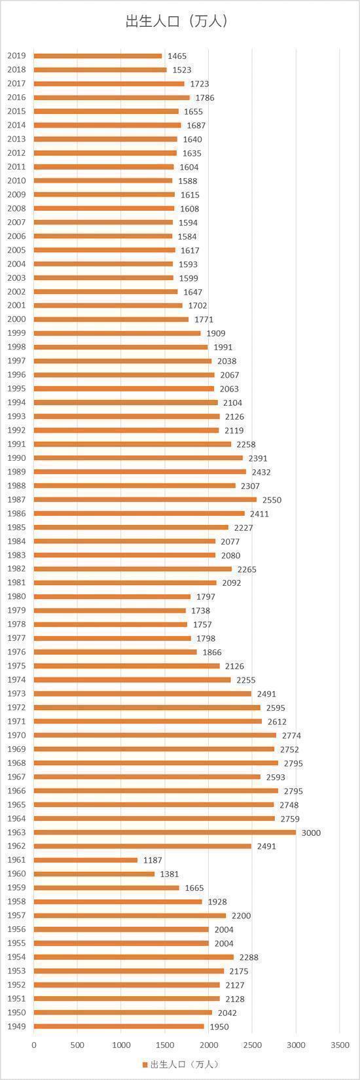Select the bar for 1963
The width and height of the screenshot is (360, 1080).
pos(165,832)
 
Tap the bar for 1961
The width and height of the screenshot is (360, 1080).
pos(86,860)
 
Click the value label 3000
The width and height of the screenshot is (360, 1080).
pos(311,833)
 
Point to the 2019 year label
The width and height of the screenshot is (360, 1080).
pos(16,56)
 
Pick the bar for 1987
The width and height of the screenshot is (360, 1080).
pos(145,499)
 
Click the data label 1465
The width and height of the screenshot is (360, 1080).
pos(177,56)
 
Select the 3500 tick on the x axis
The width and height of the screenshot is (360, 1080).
pos(340,1045)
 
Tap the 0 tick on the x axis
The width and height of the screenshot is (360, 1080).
pos(34,1045)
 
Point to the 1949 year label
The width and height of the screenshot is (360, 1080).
pos(16,1026)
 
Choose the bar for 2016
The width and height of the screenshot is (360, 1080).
pos(112,98)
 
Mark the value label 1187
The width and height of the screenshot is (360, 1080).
pos(153,860)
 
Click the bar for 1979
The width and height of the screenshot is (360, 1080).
pos(110,610)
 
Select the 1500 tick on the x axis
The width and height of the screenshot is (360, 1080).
pos(165,1045)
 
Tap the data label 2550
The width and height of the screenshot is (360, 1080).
pos(272,500)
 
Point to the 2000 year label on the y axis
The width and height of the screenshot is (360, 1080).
pos(16,319)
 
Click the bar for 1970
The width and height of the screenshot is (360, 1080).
pos(155,735)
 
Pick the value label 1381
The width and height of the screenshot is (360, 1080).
pos(170,874)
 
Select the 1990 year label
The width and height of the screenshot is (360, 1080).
pos(16,458)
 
